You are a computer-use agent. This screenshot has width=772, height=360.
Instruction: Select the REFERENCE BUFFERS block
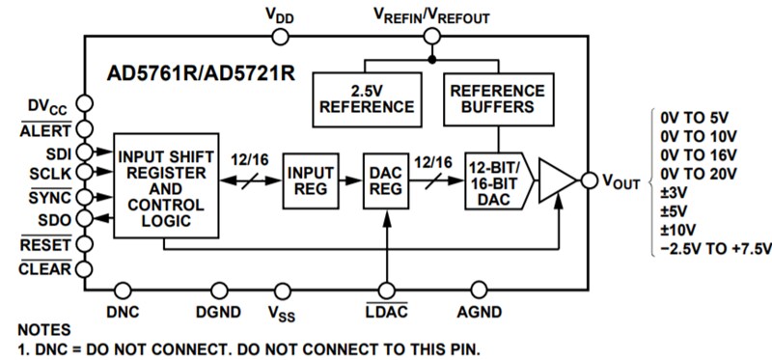(498, 98)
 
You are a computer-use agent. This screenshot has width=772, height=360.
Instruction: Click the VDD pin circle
(281, 37)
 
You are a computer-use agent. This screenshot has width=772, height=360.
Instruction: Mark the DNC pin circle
(123, 289)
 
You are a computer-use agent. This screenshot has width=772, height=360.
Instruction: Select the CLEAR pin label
(46, 268)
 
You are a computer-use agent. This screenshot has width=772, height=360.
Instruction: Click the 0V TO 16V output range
(699, 155)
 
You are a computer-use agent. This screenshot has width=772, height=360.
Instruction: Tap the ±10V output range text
(679, 231)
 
